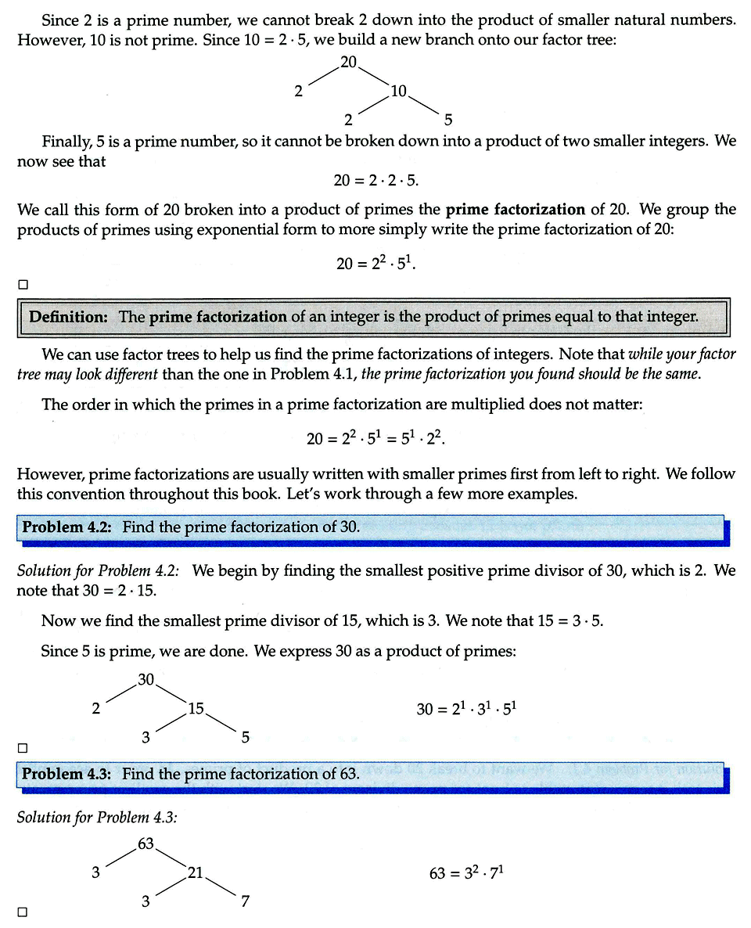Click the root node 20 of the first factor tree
click(349, 62)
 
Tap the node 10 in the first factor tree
click(398, 91)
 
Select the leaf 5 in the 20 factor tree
click(447, 120)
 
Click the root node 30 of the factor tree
click(146, 680)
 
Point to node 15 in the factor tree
click(196, 709)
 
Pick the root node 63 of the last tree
click(146, 843)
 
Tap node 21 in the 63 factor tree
click(196, 872)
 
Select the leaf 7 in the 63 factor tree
click(245, 901)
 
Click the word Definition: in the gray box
click(68, 317)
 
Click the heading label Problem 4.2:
click(67, 527)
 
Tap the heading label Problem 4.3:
click(67, 774)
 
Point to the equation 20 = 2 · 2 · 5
click(376, 180)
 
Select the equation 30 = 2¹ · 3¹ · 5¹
click(467, 709)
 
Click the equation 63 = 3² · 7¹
click(465, 872)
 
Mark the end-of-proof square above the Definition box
click(23, 284)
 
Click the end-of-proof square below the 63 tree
click(23, 912)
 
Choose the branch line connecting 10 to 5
click(424, 105)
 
